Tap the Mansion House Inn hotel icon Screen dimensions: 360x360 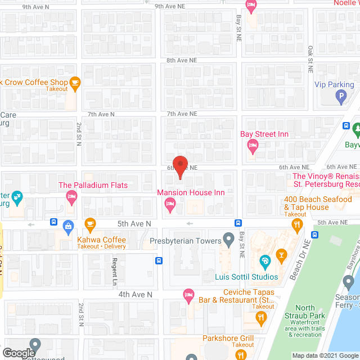(170, 208)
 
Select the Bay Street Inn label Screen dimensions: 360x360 (265, 134)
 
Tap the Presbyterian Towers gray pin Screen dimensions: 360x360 (228, 241)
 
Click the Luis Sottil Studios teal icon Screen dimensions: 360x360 (265, 260)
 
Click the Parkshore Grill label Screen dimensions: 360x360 (228, 338)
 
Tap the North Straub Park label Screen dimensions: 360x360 (305, 312)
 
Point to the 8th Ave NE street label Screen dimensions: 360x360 (182, 60)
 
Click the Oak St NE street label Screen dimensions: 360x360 (310, 60)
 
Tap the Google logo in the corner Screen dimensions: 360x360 (19, 353)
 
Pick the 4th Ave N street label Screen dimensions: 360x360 (135, 294)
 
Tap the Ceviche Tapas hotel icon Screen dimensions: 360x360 (190, 294)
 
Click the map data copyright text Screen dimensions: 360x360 (325, 355)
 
